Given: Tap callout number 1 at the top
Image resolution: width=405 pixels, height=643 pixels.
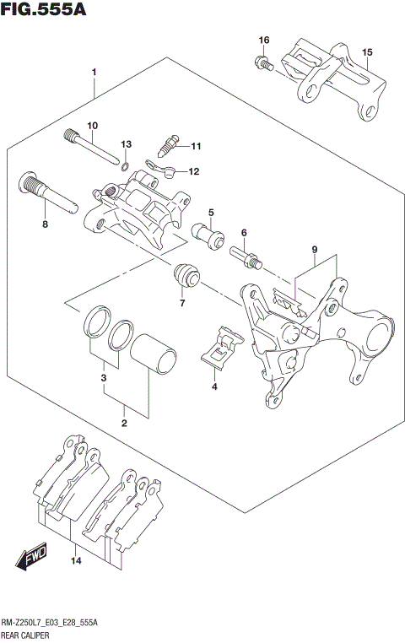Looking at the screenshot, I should coord(94,73).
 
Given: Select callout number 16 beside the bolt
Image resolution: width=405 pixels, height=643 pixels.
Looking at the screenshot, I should coord(264,41).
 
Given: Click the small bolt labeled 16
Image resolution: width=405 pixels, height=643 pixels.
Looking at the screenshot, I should coord(262,62).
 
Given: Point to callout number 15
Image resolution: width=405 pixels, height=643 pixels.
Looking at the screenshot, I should coord(367,53).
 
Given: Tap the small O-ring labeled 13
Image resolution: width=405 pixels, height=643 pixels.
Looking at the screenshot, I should coord(125,165).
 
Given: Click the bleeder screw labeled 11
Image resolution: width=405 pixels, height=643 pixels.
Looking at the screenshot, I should coord(169,147).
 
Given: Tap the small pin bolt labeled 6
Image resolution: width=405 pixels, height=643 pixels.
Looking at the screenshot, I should coord(246,255).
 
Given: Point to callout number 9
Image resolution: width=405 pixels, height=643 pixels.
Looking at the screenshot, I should coord(314,250).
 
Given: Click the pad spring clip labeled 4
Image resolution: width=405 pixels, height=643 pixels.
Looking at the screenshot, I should coord(222,347).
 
